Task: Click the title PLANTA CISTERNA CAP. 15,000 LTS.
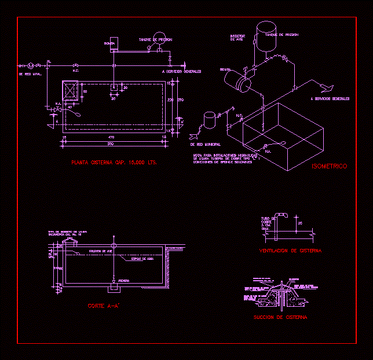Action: [x=114, y=163]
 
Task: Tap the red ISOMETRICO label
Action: [x=329, y=167]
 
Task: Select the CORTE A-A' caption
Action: [x=104, y=306]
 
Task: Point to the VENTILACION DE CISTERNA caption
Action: [x=290, y=251]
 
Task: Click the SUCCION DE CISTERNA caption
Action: [x=280, y=317]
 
